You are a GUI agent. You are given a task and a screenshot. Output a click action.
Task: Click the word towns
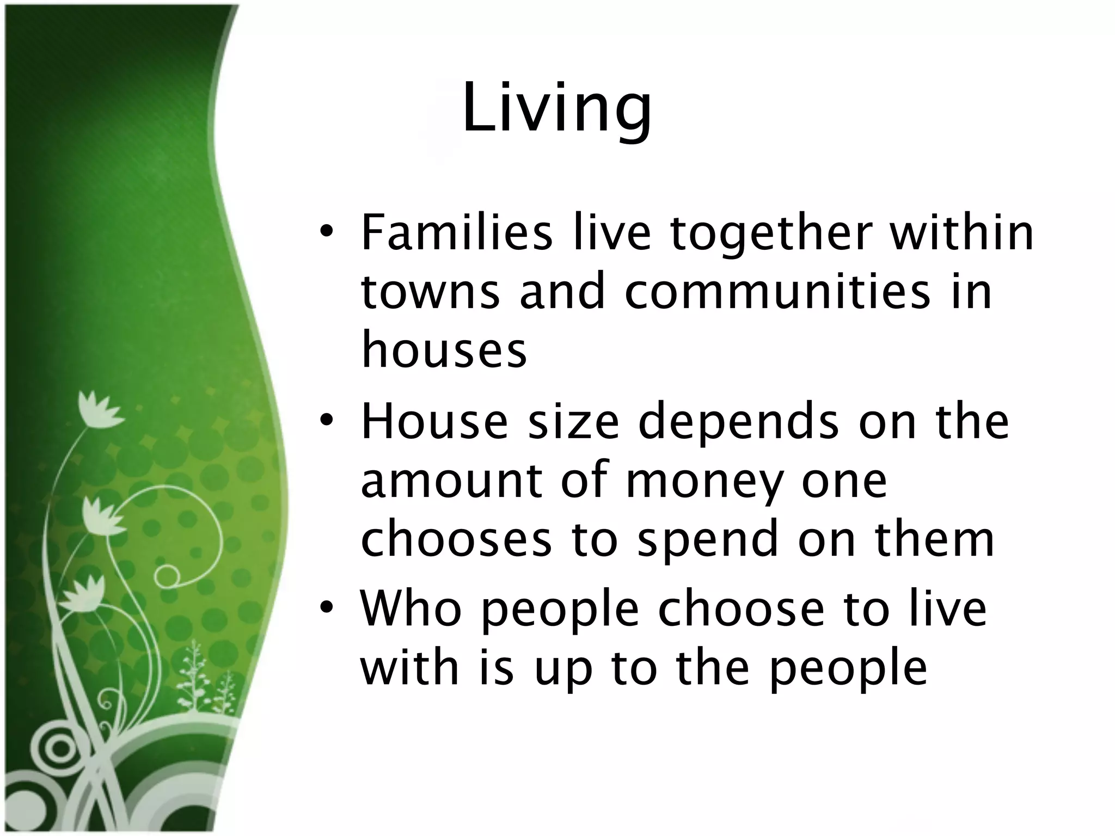(430, 292)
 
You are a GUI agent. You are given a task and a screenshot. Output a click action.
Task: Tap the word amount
(452, 481)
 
